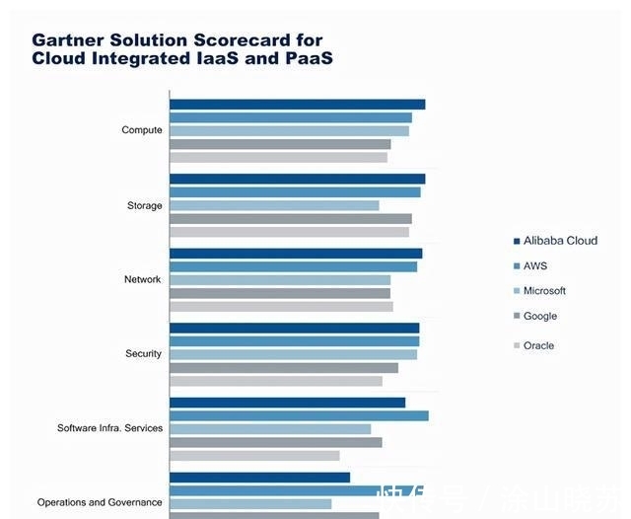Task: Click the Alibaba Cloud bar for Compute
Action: point(297,104)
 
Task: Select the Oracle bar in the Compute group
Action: point(278,157)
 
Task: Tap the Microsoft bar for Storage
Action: point(274,205)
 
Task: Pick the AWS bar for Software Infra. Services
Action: point(299,415)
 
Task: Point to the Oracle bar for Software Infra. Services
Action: point(254,456)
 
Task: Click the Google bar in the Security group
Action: point(284,367)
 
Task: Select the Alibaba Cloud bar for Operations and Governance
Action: point(259,478)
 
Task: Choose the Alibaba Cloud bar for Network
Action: point(296,254)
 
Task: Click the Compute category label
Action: point(142,130)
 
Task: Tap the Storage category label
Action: point(144,205)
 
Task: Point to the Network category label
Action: point(142,279)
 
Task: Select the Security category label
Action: point(143,353)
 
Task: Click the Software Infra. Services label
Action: point(109,428)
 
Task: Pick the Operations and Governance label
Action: point(100,502)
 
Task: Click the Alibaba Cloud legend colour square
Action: point(517,241)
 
